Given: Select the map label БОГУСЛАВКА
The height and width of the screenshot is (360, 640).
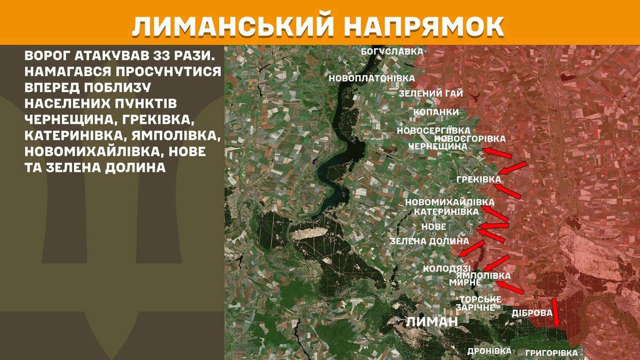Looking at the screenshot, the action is click(392, 51).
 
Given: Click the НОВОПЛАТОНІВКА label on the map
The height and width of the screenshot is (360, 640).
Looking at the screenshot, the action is click(372, 78).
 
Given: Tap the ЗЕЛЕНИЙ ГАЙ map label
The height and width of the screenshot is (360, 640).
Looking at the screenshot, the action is click(431, 94).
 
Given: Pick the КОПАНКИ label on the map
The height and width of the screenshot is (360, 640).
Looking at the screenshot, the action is click(436, 112).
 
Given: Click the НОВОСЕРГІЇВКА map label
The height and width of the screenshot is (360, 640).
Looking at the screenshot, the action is click(433, 131).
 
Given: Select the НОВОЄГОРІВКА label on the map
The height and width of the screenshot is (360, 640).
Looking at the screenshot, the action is click(469, 139).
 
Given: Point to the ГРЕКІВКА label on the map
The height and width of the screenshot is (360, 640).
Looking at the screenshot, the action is click(478, 179).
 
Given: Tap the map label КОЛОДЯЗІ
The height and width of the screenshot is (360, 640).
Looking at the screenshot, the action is click(447, 269).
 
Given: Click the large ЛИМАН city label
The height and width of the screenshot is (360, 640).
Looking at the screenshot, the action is click(431, 322).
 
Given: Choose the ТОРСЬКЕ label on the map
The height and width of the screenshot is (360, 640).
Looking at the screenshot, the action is click(480, 300).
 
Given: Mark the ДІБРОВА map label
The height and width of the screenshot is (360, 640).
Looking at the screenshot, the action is click(532, 313).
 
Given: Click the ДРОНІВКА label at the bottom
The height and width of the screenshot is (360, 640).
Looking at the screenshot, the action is click(489, 351).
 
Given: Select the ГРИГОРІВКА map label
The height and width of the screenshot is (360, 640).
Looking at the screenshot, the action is click(551, 353).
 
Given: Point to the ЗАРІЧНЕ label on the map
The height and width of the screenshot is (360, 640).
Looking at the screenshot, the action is click(475, 307).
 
